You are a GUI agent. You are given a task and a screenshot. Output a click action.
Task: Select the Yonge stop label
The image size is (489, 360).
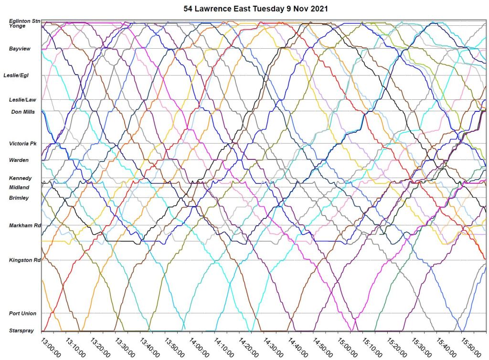(17, 26)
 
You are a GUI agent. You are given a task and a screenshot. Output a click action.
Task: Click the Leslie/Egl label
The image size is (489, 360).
(17, 75)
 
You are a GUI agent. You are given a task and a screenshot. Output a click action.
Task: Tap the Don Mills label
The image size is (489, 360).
(23, 112)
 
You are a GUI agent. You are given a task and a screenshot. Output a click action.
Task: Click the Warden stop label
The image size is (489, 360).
(19, 160)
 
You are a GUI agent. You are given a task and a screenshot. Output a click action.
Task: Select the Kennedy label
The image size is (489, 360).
(20, 178)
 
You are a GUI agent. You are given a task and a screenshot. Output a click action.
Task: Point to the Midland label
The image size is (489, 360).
(20, 188)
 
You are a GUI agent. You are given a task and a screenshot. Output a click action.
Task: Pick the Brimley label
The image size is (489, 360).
(19, 198)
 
